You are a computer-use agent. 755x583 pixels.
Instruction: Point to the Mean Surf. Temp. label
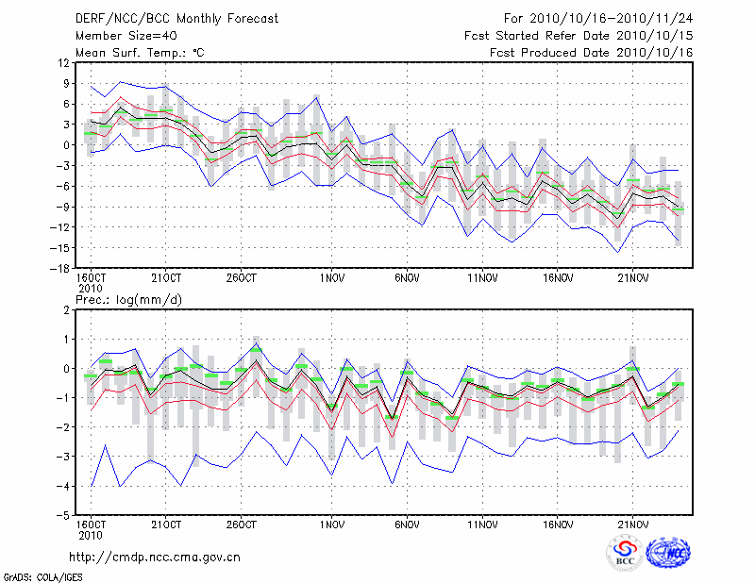pyautogui.click(x=140, y=53)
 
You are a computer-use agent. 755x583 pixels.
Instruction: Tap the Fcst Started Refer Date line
pyautogui.click(x=579, y=36)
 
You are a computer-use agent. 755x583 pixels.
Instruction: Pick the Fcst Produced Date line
pyautogui.click(x=591, y=53)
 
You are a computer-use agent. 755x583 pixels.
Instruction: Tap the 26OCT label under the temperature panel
pyautogui.click(x=242, y=278)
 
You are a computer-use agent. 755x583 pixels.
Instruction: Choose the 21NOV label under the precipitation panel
pyautogui.click(x=633, y=525)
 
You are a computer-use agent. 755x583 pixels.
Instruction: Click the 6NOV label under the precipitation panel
pyautogui.click(x=408, y=525)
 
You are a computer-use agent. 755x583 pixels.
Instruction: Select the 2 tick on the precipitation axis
pyautogui.click(x=66, y=309)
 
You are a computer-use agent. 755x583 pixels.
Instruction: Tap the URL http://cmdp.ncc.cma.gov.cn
pyautogui.click(x=156, y=557)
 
